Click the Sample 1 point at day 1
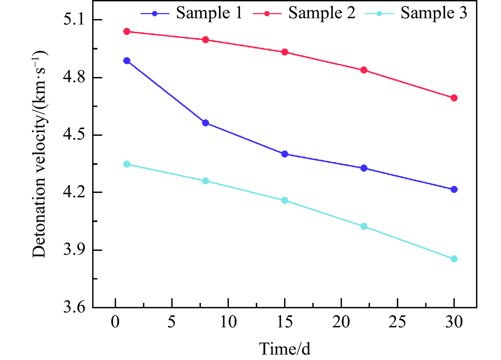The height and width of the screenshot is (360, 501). click(x=127, y=61)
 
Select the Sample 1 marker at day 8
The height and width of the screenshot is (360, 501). click(x=206, y=123)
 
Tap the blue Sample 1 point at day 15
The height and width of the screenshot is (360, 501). click(x=285, y=154)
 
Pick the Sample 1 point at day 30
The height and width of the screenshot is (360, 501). click(x=454, y=189)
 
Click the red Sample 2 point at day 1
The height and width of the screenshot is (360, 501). click(x=127, y=31)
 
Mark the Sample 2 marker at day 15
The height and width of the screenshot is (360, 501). click(x=285, y=52)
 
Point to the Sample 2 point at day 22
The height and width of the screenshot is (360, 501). click(x=364, y=70)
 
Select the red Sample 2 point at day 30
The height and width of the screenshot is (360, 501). click(x=454, y=98)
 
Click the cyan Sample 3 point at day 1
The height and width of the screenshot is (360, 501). click(x=127, y=164)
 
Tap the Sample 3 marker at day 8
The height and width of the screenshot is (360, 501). click(x=206, y=181)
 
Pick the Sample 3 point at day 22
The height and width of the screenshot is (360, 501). click(x=364, y=226)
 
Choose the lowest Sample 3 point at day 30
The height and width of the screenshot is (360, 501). click(x=454, y=259)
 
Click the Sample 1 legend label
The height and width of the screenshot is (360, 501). click(x=209, y=13)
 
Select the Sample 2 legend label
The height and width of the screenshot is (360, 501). click(x=322, y=13)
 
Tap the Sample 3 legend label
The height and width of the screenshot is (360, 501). click(x=434, y=13)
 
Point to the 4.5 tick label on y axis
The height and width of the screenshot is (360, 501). click(x=74, y=135)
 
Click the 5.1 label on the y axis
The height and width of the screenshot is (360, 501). click(x=74, y=20)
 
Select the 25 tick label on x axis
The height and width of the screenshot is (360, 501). click(x=397, y=322)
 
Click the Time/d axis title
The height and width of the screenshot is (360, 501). click(x=285, y=349)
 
